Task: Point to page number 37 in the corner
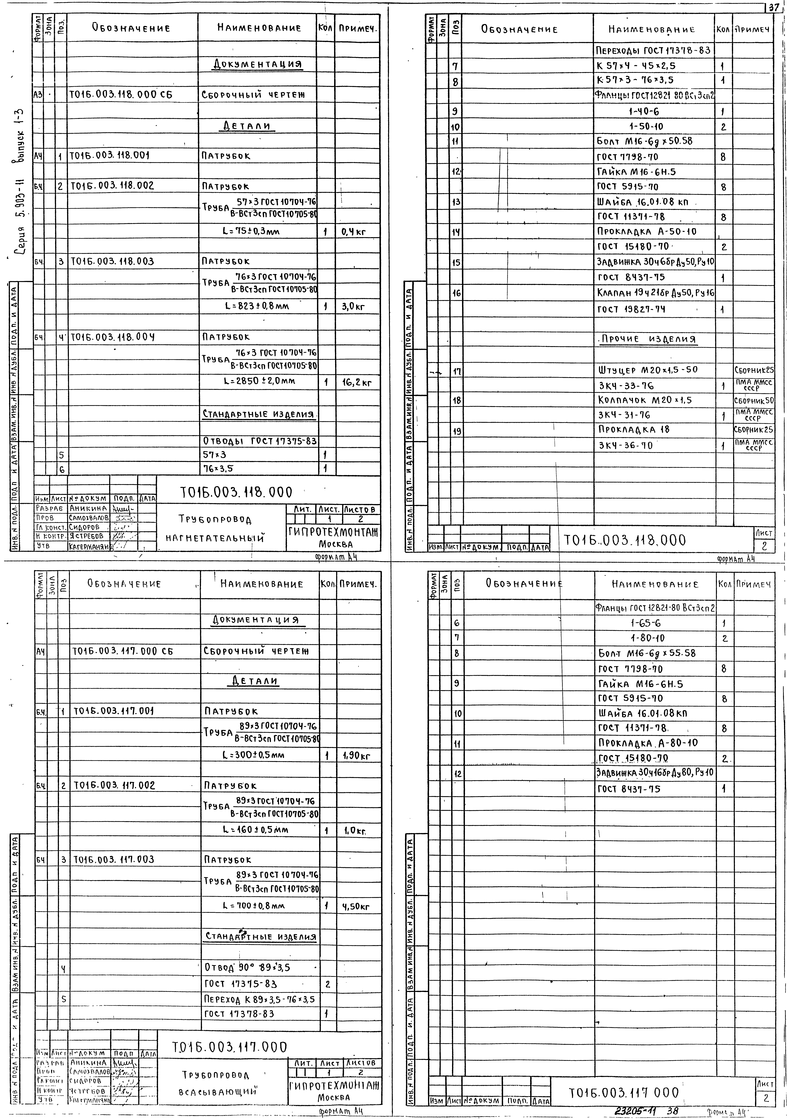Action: pos(774,7)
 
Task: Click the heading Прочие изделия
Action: pos(648,339)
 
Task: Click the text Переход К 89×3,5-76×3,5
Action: pos(259,999)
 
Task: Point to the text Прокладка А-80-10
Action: pos(648,743)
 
